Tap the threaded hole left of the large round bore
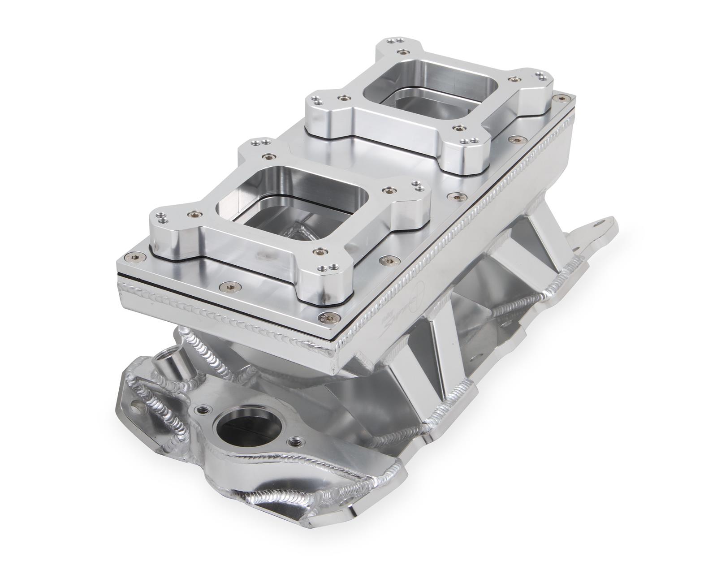[203, 409]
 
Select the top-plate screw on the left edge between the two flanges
[269, 156]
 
